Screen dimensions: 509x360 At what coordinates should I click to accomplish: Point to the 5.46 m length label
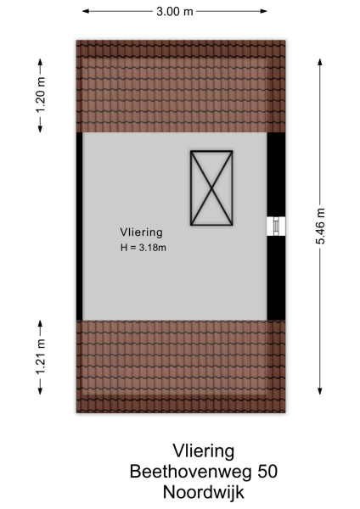(320, 227)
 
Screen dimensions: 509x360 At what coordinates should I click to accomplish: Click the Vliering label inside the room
(140, 231)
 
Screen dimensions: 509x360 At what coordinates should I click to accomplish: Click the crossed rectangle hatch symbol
(211, 188)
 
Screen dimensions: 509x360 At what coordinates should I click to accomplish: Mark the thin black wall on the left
(79, 226)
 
